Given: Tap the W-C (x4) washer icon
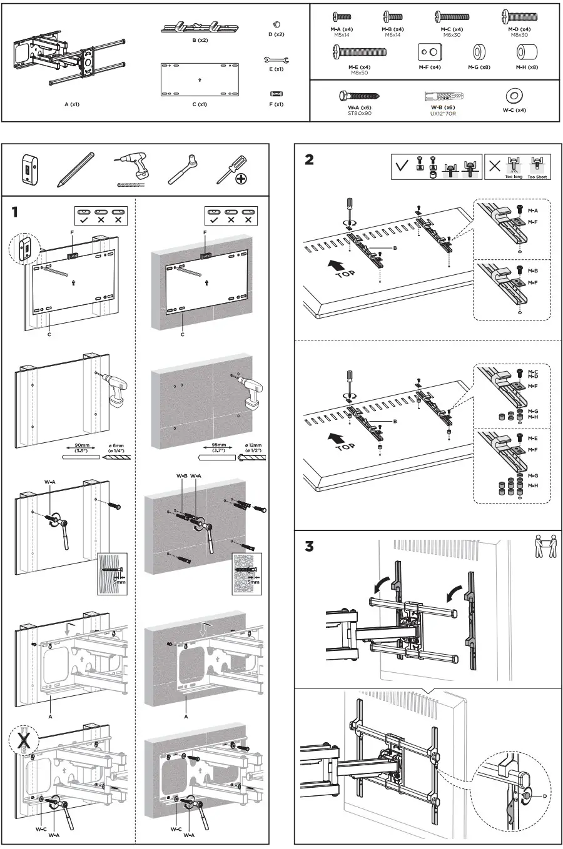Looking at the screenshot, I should (x=514, y=96).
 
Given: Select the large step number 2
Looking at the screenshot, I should (x=309, y=160).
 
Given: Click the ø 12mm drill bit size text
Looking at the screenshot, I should (x=253, y=445).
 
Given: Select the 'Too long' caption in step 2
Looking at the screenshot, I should (x=514, y=177).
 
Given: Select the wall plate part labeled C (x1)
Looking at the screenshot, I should (x=199, y=79).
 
